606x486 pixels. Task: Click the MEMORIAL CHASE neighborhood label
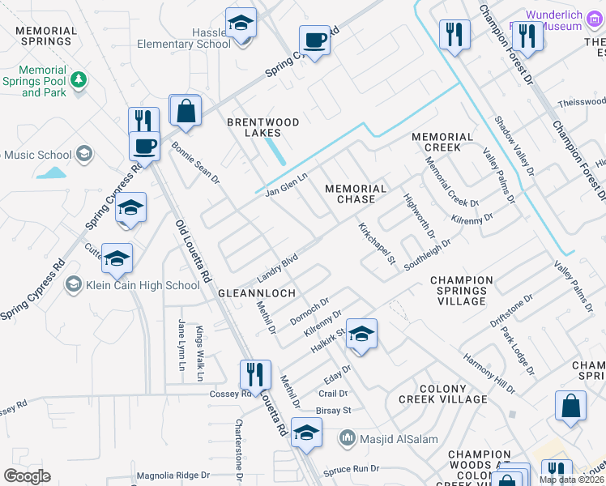361,194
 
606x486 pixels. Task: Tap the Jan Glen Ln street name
288,183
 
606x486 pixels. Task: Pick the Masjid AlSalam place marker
348,438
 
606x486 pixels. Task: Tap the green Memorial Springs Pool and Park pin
79,79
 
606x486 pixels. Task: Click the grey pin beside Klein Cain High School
74,284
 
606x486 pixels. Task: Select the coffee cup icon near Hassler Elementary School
314,40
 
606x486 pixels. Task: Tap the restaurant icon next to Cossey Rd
254,374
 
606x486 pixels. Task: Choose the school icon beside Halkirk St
361,334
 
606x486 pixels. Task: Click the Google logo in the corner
27,476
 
